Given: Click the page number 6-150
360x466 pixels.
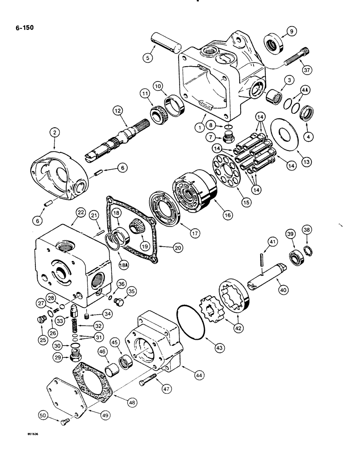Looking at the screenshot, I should point(23,27).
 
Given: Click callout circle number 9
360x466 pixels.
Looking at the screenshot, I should point(291,32).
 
